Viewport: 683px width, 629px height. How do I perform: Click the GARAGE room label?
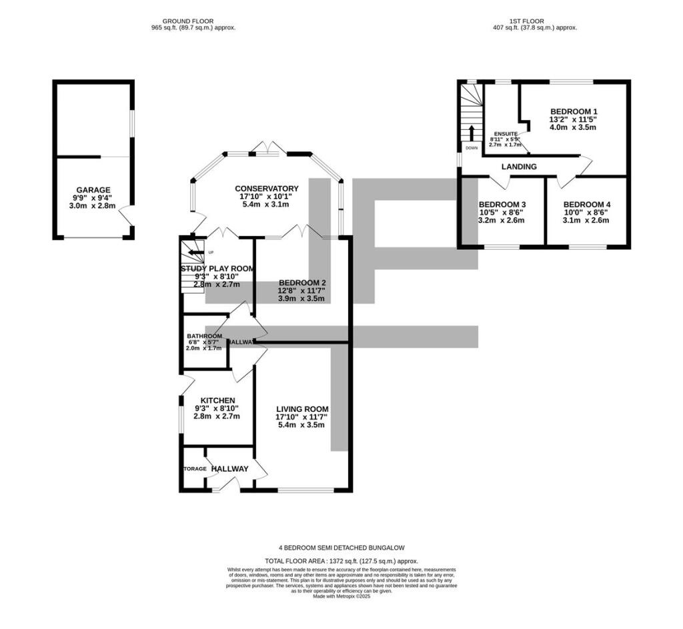point(93,190)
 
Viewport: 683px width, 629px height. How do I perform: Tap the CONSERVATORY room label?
point(266,189)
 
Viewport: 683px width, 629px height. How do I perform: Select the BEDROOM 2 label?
point(301,282)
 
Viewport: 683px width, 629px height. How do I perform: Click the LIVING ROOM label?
point(303,408)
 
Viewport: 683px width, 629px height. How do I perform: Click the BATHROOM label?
point(204,336)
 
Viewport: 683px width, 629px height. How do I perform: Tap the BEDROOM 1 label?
point(573,111)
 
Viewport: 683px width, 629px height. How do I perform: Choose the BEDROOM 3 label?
point(502,205)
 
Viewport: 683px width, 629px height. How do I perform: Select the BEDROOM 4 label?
point(586,205)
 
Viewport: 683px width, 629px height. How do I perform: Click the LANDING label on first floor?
point(519,167)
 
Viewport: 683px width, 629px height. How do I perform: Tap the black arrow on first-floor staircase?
point(472,131)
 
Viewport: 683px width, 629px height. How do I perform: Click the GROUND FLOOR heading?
point(193,21)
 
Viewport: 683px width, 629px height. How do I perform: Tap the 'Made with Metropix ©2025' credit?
point(341,596)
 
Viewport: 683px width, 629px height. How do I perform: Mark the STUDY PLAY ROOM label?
point(217,269)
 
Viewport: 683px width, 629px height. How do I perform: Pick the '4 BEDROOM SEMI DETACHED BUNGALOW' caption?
point(341,547)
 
